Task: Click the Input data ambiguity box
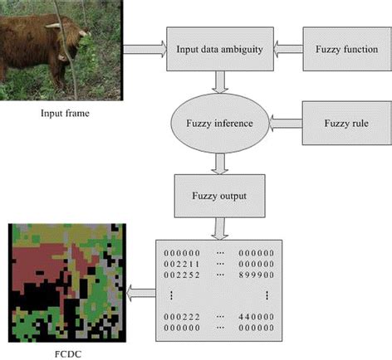220,49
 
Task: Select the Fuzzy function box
347,49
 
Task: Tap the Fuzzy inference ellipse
220,123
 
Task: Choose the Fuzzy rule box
347,123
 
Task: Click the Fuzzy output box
219,196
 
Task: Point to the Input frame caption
65,113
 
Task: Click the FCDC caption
68,354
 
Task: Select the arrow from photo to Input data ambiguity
145,49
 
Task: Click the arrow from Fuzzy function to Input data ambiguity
288,49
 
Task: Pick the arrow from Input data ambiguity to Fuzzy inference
220,82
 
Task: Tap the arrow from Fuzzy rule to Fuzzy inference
286,123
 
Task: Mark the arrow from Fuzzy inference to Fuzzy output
220,163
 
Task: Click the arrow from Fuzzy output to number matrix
220,229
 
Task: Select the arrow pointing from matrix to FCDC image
141,293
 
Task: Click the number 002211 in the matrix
182,264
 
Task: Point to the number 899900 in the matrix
257,275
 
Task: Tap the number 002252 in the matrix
182,275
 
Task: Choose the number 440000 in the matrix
257,317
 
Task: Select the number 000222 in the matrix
182,317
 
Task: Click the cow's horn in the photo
53,26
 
